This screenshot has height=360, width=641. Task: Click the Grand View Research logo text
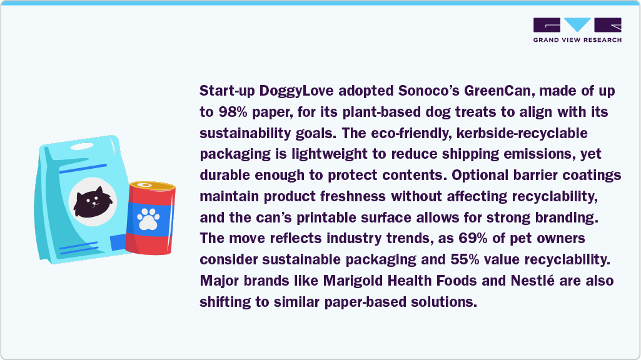[x=577, y=40]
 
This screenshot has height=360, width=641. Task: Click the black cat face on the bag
[x=92, y=199]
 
